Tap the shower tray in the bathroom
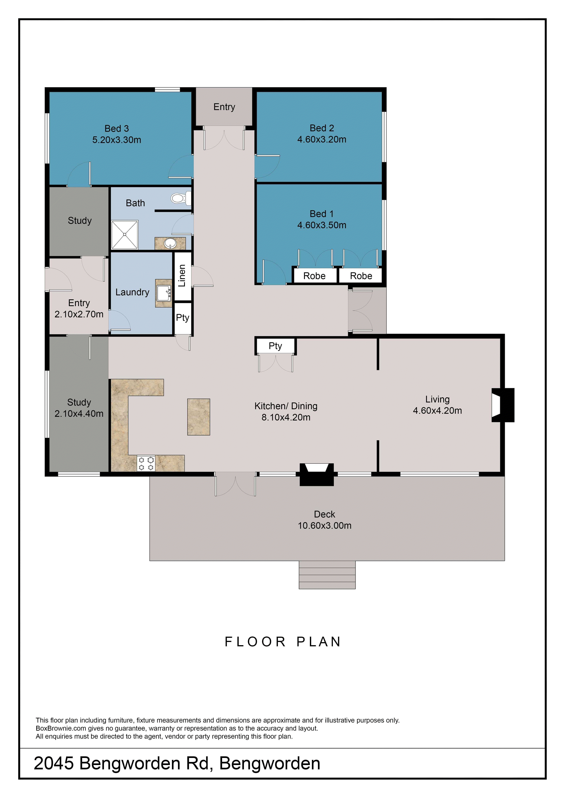[x=124, y=235]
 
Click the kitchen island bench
[x=199, y=417]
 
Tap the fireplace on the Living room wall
[x=503, y=405]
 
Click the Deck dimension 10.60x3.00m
[x=325, y=526]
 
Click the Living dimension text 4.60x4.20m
[x=437, y=411]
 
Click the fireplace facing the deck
[x=317, y=474]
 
